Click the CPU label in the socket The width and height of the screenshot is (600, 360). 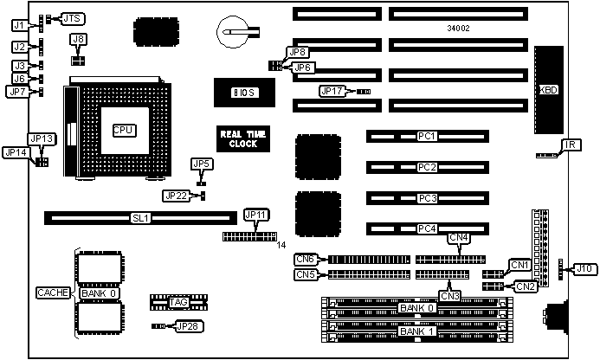click(x=123, y=129)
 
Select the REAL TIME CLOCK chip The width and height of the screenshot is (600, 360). click(x=238, y=138)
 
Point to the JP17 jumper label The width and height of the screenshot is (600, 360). click(x=332, y=90)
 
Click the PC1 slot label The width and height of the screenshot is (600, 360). click(x=426, y=136)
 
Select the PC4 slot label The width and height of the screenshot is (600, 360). click(x=426, y=229)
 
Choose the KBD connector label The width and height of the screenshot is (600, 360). click(x=548, y=89)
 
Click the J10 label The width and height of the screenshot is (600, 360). click(x=585, y=269)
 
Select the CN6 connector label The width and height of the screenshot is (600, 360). click(x=305, y=258)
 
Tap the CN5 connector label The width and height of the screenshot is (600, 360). click(x=305, y=275)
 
